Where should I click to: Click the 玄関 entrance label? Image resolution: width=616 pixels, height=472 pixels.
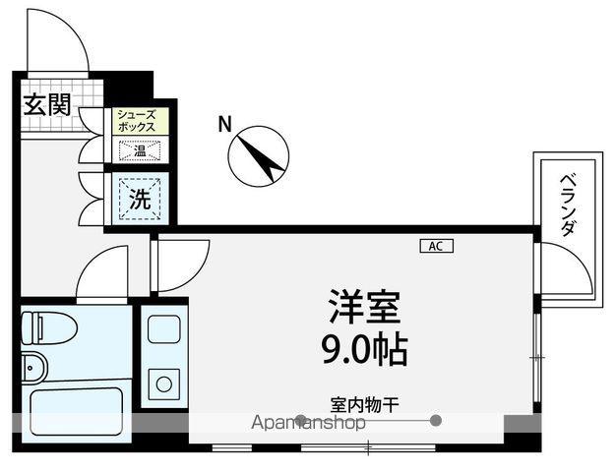[x=47, y=105]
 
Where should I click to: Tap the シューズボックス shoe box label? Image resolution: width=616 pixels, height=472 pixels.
[x=137, y=121]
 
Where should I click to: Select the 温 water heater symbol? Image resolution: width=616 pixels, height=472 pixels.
[x=140, y=150]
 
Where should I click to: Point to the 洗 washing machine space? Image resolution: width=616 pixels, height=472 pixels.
[x=140, y=199]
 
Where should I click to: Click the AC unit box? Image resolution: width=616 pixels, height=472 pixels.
[x=437, y=246]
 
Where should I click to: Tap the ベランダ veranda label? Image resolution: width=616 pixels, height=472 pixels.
[x=569, y=205]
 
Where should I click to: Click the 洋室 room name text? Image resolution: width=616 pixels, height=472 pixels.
[x=365, y=307]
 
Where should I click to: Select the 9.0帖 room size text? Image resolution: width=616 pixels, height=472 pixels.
[x=364, y=349]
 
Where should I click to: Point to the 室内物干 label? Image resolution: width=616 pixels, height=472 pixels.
[x=365, y=405]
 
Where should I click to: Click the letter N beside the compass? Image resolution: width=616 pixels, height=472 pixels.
[x=224, y=125]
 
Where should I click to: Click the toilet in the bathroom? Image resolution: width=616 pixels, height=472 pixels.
[x=49, y=327]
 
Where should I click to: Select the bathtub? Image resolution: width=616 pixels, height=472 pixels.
[x=76, y=412]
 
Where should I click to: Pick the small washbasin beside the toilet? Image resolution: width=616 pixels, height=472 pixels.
[x=34, y=367]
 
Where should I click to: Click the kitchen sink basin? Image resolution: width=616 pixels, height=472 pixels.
[x=163, y=329]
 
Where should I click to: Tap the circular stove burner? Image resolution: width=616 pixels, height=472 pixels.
[x=163, y=383]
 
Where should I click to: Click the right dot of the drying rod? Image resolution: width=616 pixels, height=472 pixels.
[x=435, y=421]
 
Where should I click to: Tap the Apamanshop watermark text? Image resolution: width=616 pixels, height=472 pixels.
[x=308, y=423]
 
